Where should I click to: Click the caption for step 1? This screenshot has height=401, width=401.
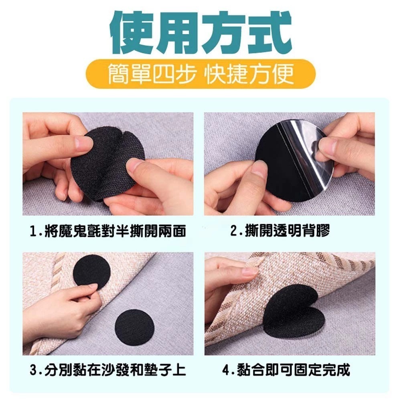coord(107,231)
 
